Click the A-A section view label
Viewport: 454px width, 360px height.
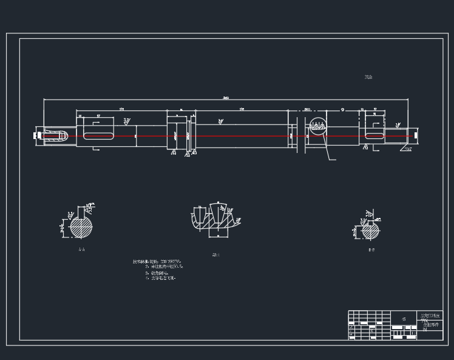click(81, 250)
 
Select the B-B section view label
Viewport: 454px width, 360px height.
click(371, 250)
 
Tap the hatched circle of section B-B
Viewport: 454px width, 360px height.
click(370, 231)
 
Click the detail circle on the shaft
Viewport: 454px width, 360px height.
click(317, 127)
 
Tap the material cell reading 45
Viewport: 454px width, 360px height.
click(404, 318)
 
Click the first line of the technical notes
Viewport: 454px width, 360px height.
click(157, 261)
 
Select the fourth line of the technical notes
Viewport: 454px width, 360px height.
click(161, 278)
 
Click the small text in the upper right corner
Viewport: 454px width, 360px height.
click(368, 77)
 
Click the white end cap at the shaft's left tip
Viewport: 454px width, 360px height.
click(38, 136)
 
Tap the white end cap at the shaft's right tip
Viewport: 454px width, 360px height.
click(416, 136)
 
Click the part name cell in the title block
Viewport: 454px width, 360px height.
click(432, 326)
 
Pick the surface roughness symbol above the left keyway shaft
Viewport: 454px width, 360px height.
click(126, 121)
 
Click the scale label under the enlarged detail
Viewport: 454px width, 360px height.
click(215, 255)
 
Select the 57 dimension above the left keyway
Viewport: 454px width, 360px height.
click(98, 114)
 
